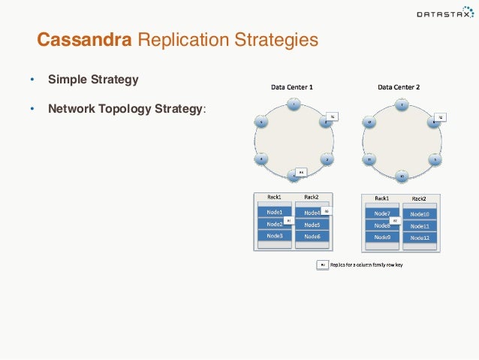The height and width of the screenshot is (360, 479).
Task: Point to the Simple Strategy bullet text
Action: (93, 79)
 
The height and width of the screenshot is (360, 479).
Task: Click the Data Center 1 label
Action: (292, 87)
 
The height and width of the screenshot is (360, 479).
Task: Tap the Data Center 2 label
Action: (399, 87)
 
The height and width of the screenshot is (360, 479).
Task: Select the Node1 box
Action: (275, 212)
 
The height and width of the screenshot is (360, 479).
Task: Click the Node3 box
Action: (275, 236)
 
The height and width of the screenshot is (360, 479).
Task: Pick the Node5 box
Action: (312, 224)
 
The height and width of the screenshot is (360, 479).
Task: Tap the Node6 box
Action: (312, 236)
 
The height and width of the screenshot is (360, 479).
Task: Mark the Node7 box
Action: (381, 213)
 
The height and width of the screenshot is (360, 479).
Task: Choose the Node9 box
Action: (381, 237)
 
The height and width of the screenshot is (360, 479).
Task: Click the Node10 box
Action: (420, 214)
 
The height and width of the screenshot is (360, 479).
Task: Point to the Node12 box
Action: (420, 237)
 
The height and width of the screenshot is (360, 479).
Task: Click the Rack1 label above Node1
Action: (274, 198)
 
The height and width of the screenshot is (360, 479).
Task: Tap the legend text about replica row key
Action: (366, 265)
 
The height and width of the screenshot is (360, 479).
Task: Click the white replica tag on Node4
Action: (326, 212)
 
